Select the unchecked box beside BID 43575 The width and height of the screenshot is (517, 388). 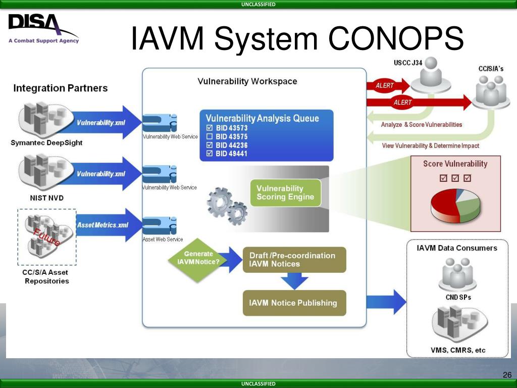[x=210, y=137]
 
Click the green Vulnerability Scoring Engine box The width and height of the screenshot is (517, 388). [x=285, y=192]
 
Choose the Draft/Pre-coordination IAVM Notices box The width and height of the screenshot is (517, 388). [x=294, y=260]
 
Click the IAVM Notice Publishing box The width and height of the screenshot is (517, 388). [x=294, y=303]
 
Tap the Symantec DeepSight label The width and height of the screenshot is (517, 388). [x=46, y=143]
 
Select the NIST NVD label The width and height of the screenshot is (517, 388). [x=46, y=198]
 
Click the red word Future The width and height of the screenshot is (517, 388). [x=46, y=237]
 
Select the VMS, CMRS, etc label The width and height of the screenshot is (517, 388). [x=458, y=351]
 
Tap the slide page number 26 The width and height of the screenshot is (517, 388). [x=507, y=375]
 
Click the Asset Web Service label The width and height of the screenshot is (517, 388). [x=163, y=239]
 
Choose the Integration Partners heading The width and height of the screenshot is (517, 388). [x=61, y=88]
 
